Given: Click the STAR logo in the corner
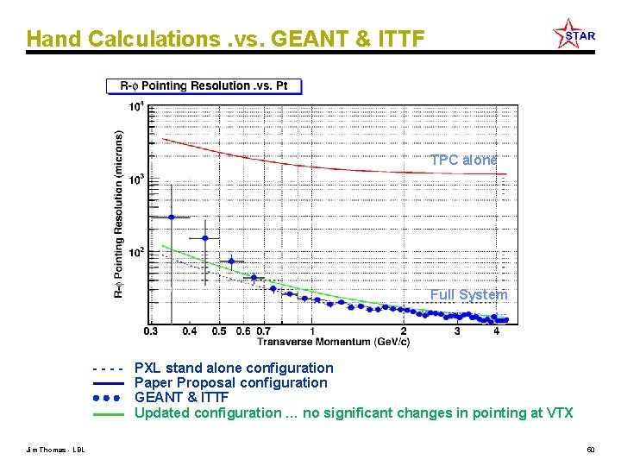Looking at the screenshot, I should click(574, 35).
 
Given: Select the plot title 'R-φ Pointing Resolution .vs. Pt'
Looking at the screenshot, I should click(204, 86).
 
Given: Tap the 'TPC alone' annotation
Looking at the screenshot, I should click(464, 160).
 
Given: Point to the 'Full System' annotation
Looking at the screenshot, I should click(469, 295).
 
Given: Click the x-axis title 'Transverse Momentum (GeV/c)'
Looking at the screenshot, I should click(333, 342).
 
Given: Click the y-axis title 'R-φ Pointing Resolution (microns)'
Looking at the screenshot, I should click(118, 215).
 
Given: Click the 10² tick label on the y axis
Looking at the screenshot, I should click(136, 253).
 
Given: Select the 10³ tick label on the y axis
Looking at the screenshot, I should click(136, 179).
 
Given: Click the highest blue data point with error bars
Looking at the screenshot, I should click(171, 217).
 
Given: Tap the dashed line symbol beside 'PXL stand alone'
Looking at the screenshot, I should click(109, 368).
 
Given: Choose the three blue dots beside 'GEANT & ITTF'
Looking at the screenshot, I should click(109, 398).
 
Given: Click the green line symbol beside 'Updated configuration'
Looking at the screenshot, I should click(109, 413).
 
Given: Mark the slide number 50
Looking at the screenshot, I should click(590, 450).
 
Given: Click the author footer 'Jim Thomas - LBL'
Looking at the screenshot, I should click(55, 450).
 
